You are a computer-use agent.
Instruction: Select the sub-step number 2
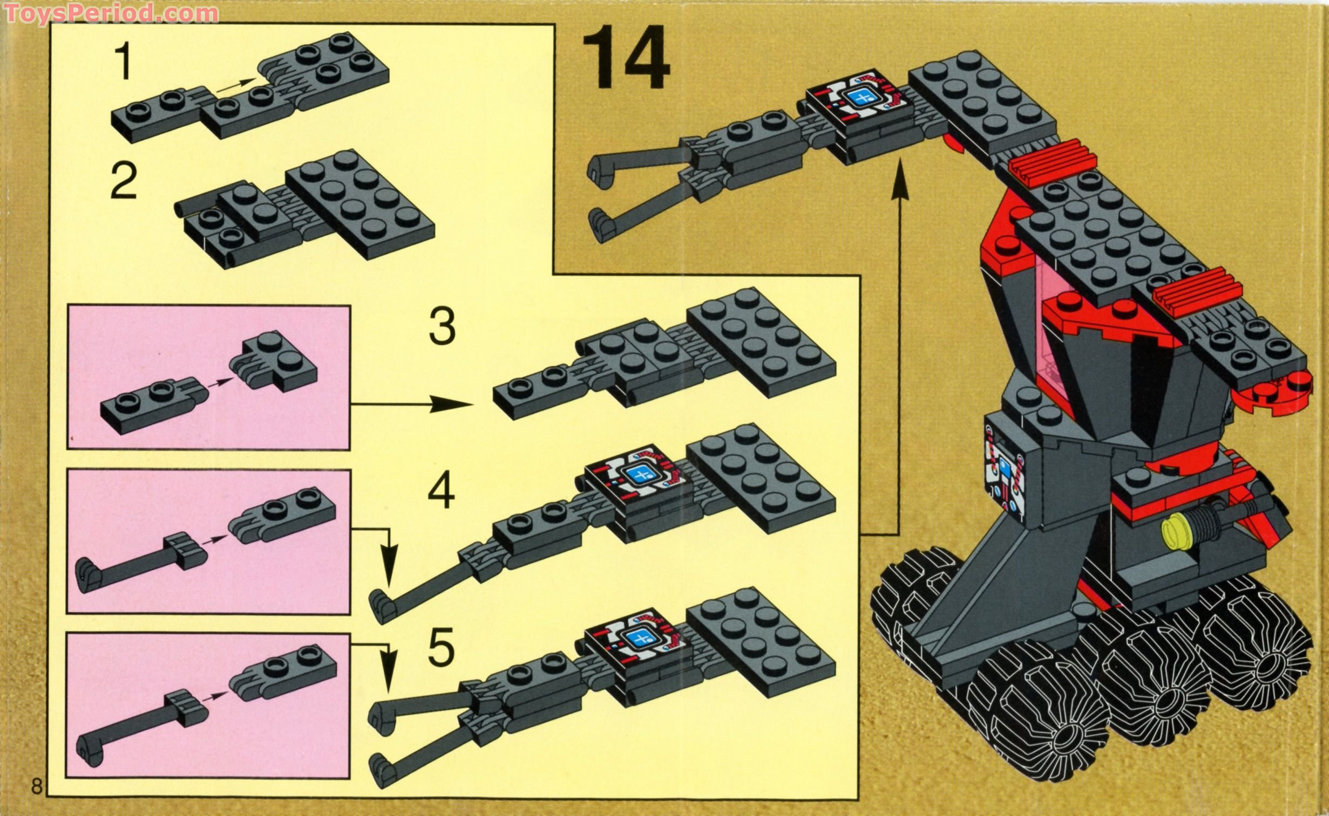tap(124, 182)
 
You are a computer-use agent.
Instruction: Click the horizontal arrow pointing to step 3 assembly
tap(410, 403)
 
